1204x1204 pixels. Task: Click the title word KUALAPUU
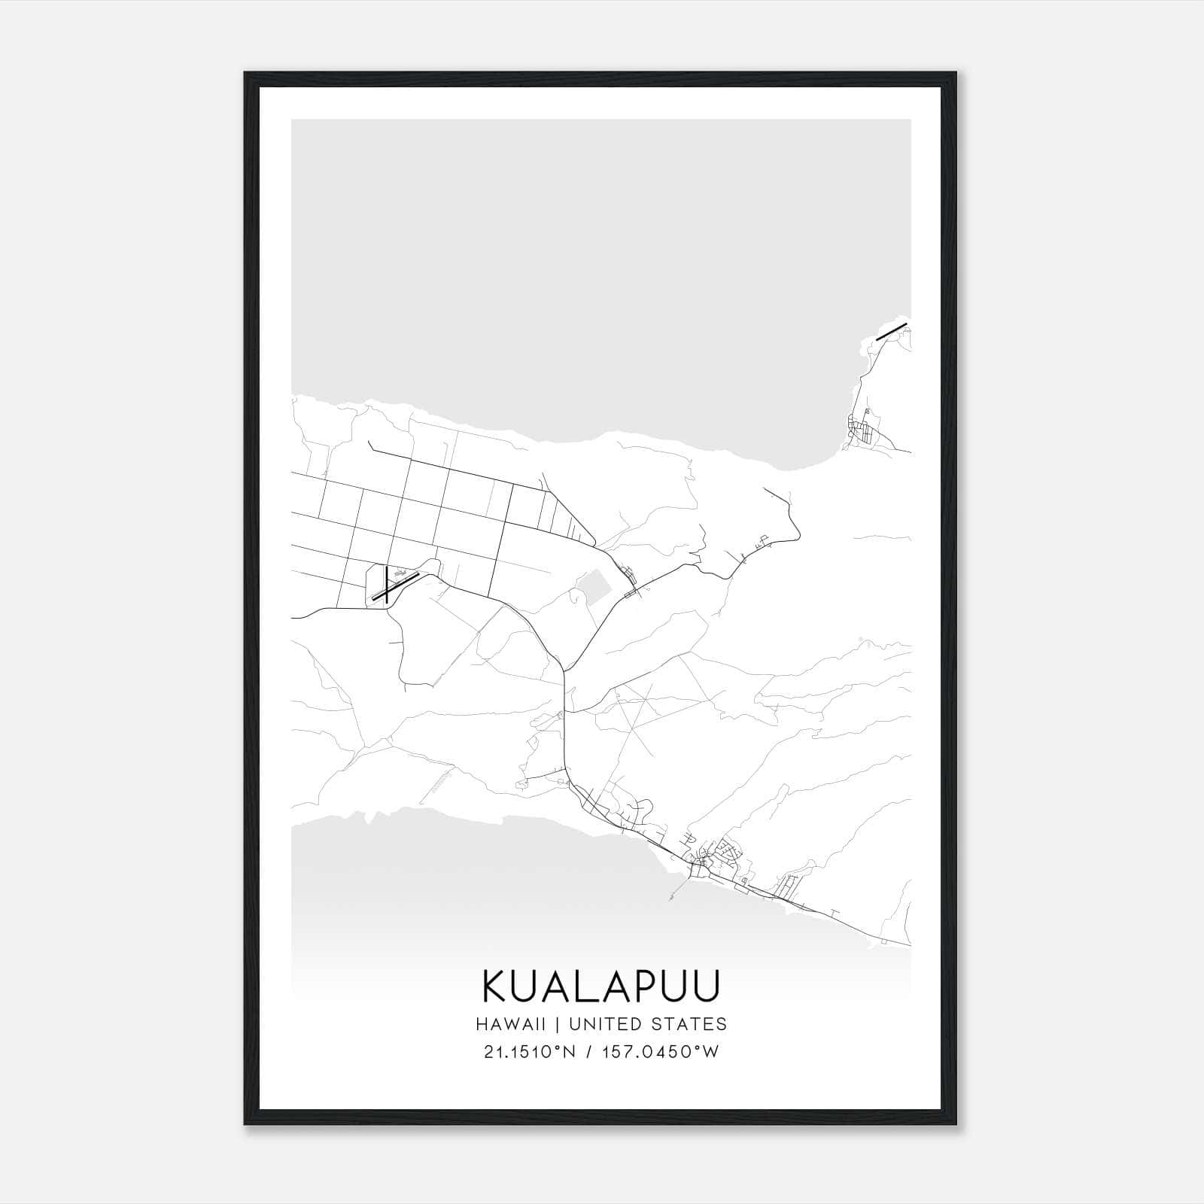[601, 986]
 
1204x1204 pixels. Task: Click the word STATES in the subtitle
[698, 1024]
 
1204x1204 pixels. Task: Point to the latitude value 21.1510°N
[530, 1052]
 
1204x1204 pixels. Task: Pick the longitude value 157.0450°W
[661, 1052]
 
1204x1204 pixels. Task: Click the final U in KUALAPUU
[706, 986]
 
